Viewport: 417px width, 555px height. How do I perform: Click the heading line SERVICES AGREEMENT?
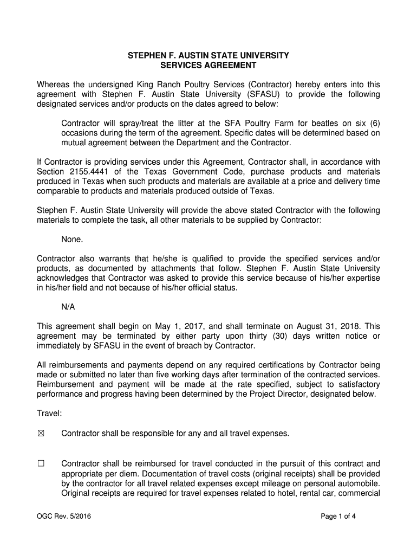click(x=208, y=66)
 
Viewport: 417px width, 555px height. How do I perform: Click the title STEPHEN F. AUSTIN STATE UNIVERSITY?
click(x=208, y=56)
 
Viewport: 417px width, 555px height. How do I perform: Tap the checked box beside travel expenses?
click(x=41, y=434)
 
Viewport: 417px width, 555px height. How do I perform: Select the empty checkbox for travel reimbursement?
click(x=41, y=464)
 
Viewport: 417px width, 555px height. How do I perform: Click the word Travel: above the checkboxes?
click(x=49, y=414)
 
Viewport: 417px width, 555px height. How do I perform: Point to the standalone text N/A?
click(x=68, y=307)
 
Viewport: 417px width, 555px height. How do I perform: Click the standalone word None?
click(x=73, y=239)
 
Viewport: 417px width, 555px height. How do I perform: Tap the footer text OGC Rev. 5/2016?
click(x=64, y=516)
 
